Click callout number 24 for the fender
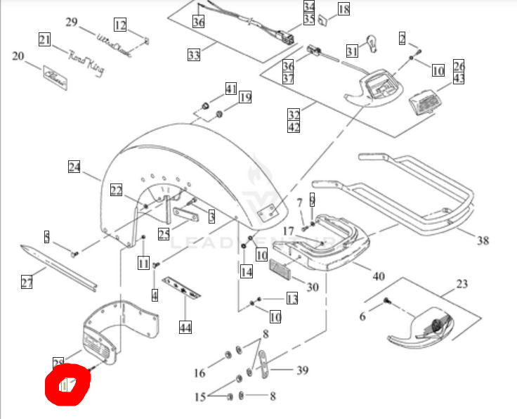click(x=75, y=167)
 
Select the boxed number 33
click(x=194, y=53)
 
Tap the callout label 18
click(x=343, y=9)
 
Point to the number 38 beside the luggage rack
click(x=482, y=240)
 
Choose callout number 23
click(x=462, y=285)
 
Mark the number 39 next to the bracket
click(x=303, y=370)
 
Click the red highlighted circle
click(x=67, y=385)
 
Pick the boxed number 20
click(x=18, y=56)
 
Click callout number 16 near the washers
click(x=199, y=373)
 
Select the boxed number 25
click(x=164, y=234)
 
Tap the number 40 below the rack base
click(x=379, y=276)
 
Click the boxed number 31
click(x=352, y=51)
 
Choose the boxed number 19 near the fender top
click(x=244, y=97)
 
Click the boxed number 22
click(x=116, y=190)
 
